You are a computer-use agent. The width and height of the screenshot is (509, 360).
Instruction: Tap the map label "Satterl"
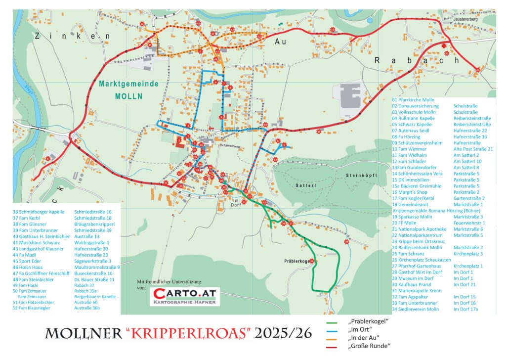[305, 185]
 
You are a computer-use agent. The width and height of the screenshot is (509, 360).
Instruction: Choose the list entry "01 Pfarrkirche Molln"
[413, 100]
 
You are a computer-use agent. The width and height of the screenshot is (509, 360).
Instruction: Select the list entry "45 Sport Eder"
[31, 261]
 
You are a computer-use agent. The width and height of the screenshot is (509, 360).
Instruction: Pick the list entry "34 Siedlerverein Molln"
[415, 309]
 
